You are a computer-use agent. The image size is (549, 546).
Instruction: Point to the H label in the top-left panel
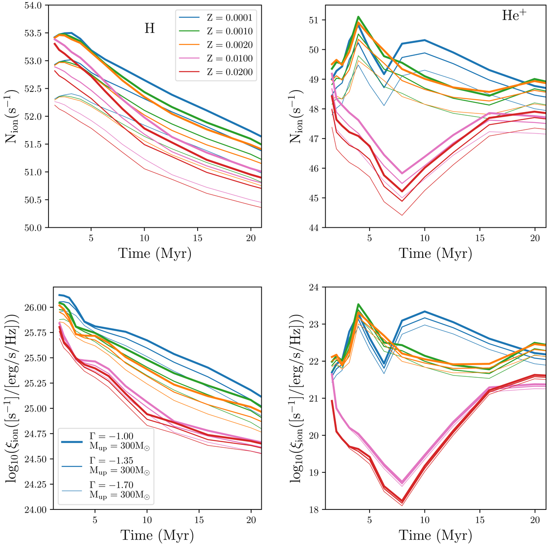150,28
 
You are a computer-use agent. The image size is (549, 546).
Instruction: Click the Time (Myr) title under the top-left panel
155,253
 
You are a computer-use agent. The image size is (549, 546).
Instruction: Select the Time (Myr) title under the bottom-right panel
435,535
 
